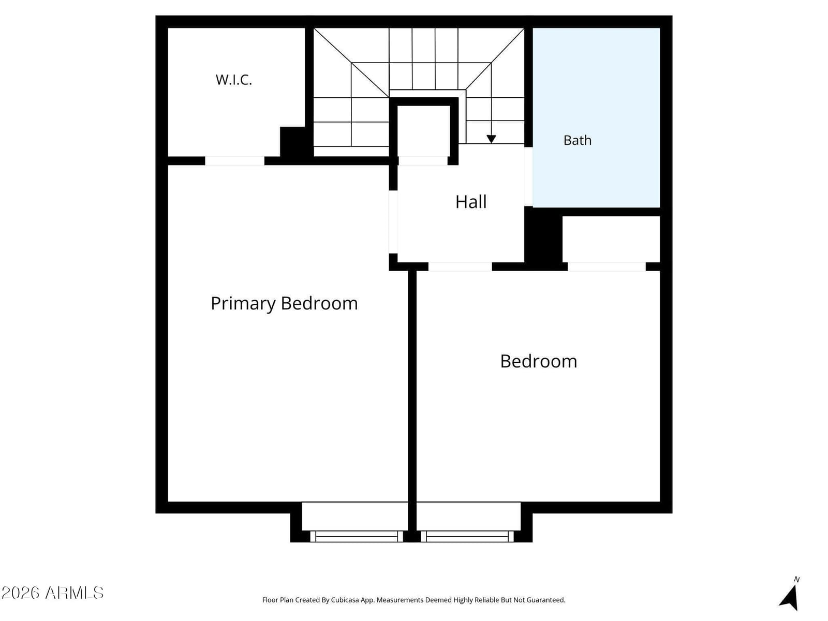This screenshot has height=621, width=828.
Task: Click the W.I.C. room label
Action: [233, 80]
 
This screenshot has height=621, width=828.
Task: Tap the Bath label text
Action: [577, 140]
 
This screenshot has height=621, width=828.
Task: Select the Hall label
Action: [471, 202]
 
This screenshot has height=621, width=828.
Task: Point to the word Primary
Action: [243, 304]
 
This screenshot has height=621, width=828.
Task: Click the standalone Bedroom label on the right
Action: [538, 361]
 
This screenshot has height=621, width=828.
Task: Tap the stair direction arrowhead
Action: [491, 139]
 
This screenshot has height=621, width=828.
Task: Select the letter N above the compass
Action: [796, 579]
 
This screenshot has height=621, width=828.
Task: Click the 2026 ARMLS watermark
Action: [52, 593]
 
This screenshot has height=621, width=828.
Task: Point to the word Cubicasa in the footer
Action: [345, 600]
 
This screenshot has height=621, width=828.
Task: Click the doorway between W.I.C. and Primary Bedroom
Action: [234, 160]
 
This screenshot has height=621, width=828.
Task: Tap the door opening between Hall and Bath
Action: [528, 176]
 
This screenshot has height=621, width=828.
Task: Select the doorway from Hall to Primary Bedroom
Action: [393, 221]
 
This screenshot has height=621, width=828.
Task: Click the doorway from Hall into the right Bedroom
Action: [460, 267]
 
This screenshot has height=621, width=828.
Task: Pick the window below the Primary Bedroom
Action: [357, 536]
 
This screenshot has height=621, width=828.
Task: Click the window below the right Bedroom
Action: [467, 536]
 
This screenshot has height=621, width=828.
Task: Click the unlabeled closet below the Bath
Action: [611, 239]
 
